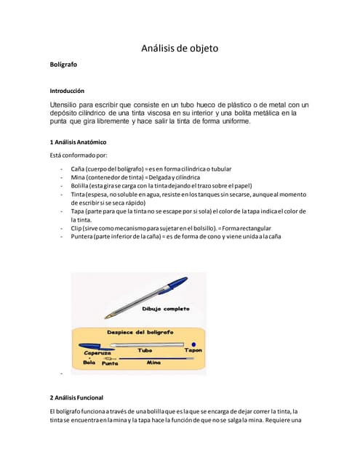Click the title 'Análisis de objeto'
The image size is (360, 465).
(179, 49)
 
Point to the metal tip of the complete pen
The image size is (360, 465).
(108, 316)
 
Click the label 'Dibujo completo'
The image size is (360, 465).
(165, 309)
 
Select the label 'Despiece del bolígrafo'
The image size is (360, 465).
(140, 332)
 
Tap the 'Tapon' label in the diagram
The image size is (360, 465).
(193, 350)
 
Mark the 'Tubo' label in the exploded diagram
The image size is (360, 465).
(145, 350)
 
